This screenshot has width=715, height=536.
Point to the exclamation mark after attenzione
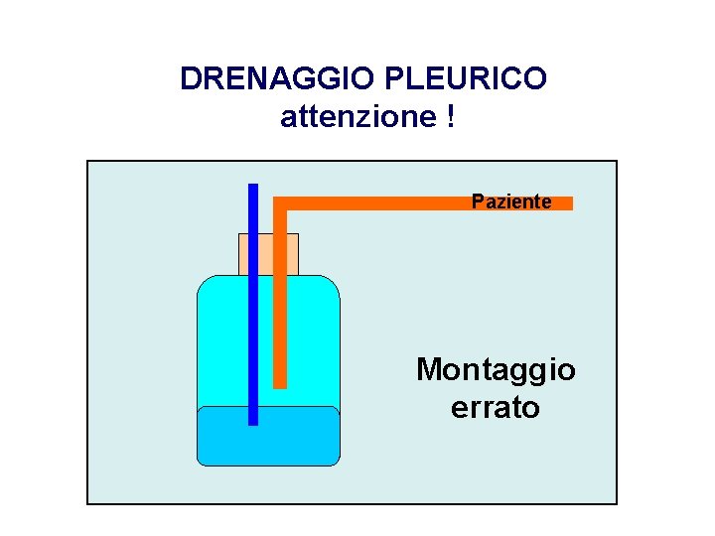point(451,117)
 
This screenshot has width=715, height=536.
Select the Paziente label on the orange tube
point(511,201)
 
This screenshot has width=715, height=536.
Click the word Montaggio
point(495,370)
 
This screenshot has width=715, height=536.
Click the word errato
point(495,407)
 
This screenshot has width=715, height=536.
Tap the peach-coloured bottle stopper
point(268,254)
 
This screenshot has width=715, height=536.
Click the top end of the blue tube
point(253,188)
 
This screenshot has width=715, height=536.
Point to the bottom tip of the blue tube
point(253,421)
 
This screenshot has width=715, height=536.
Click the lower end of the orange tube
point(280,383)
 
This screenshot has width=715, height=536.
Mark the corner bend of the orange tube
point(280,203)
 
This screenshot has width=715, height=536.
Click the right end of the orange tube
point(569,203)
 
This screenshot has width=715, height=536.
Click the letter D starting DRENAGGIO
point(191,78)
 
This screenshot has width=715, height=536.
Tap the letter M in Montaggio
point(431,370)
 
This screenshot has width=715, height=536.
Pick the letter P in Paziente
point(478,201)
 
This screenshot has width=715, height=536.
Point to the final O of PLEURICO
point(534,78)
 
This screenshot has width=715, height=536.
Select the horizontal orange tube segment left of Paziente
point(377,203)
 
